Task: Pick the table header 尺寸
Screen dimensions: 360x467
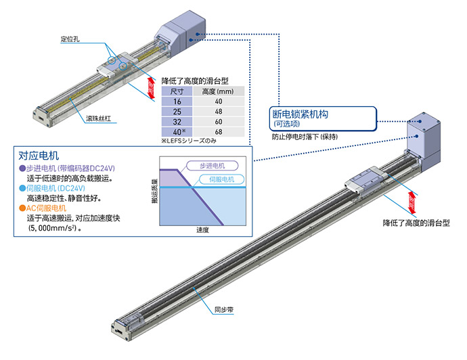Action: tap(177, 90)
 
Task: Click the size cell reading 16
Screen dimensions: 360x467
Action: tap(177, 101)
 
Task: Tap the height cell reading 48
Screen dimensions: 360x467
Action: tap(219, 111)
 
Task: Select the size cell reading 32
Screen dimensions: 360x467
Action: tap(177, 122)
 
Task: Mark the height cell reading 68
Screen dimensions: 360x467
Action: tap(219, 132)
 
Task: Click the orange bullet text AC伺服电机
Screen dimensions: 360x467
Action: tap(46, 208)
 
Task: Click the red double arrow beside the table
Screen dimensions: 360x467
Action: tap(152, 90)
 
